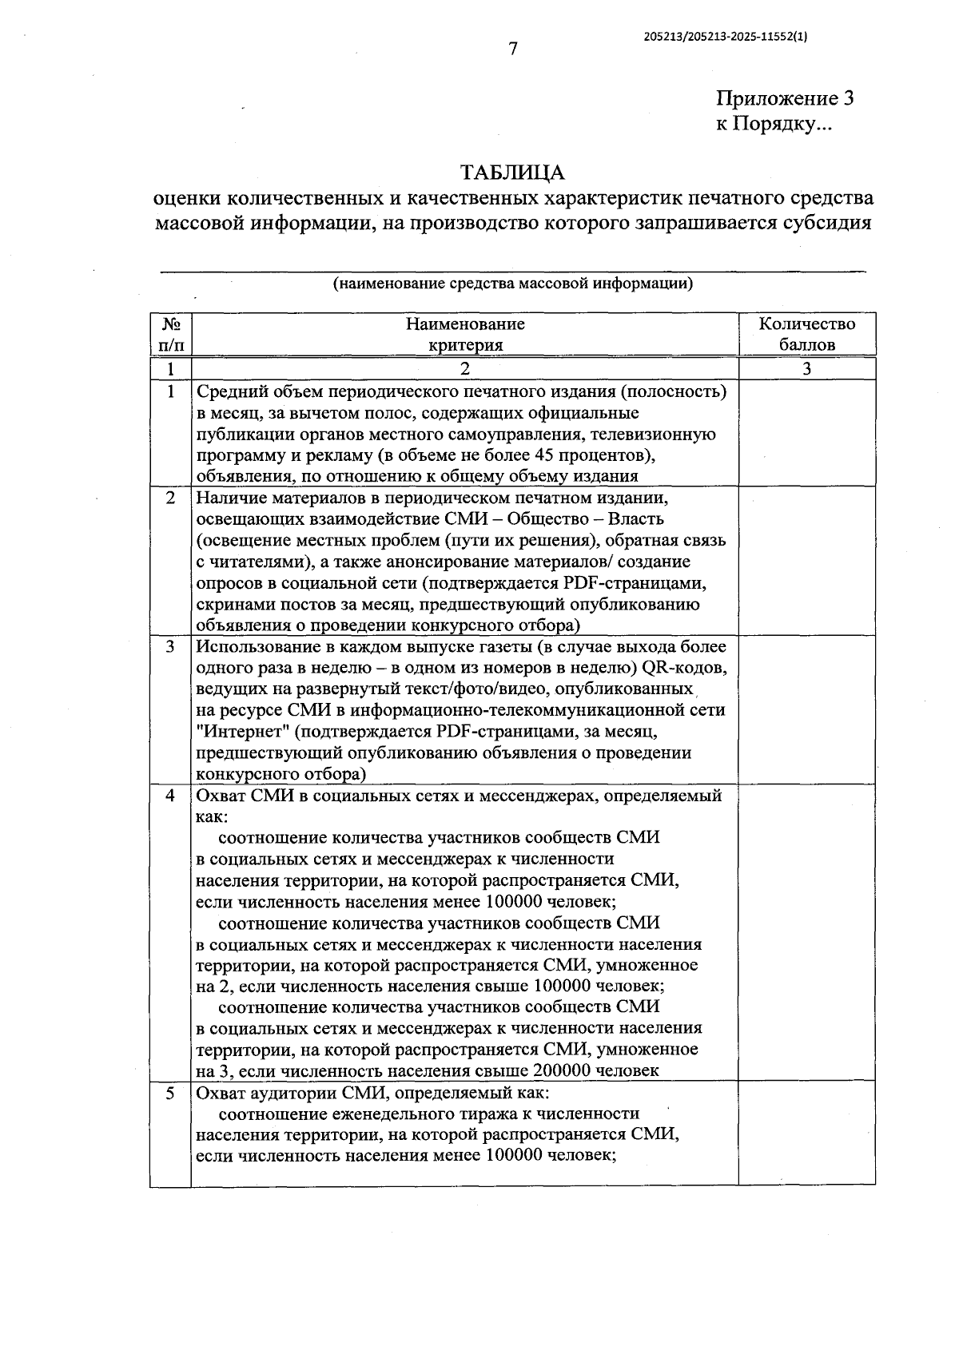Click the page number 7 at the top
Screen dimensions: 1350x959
coord(513,50)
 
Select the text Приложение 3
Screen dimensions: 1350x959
coord(785,99)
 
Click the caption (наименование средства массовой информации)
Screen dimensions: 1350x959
coord(512,284)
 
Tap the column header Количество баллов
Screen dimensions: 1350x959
coord(806,335)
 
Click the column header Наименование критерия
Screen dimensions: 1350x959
coord(465,335)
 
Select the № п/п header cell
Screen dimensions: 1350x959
coord(170,335)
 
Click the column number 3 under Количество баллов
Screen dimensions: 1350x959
coord(806,369)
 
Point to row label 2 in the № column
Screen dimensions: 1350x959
coord(170,498)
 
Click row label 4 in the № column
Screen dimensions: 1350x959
coord(170,796)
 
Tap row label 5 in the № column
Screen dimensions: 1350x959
coord(170,1094)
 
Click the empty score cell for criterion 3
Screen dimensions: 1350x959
coord(806,709)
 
